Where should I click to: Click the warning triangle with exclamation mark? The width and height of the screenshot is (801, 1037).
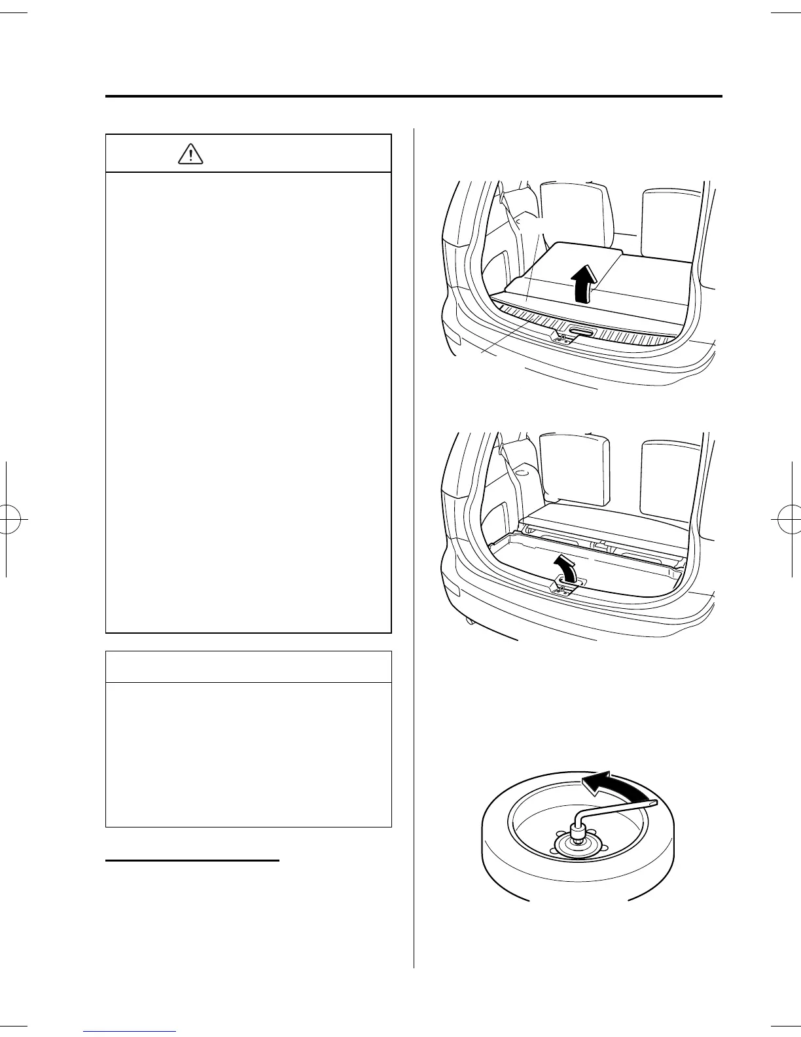(190, 153)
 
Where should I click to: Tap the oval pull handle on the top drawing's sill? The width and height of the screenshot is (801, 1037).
(581, 333)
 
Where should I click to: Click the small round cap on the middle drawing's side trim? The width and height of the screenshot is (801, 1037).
(522, 471)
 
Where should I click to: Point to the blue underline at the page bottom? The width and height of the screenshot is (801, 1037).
(130, 1032)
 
